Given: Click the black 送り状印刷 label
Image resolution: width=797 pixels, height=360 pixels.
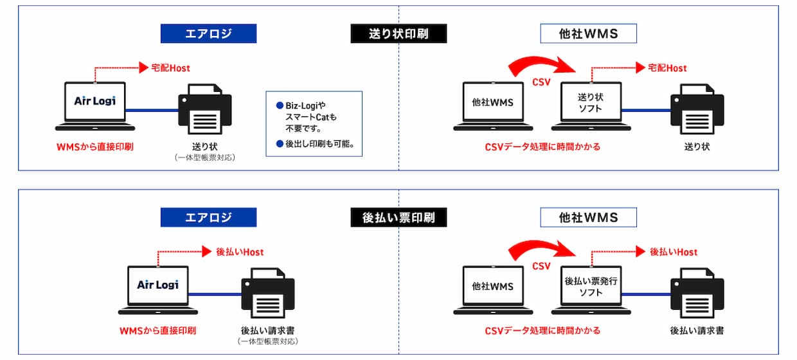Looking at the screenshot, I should [398, 33].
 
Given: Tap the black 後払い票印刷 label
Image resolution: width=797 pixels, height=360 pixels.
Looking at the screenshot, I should [398, 218].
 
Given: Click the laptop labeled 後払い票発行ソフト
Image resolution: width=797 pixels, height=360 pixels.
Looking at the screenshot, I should [590, 288].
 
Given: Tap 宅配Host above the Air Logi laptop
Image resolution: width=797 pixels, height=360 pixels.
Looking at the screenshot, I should [170, 67].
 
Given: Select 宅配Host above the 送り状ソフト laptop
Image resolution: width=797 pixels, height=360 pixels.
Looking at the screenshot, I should [667, 67].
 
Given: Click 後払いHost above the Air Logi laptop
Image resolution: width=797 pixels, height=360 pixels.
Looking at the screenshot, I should [239, 252].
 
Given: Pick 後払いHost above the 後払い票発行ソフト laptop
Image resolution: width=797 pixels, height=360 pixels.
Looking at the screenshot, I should [673, 252].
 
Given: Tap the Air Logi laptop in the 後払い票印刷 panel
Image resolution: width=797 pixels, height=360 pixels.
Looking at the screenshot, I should [157, 287].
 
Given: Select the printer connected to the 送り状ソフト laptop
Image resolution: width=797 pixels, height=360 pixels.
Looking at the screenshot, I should [697, 111].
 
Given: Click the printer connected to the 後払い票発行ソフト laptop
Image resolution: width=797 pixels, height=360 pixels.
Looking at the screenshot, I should [697, 296].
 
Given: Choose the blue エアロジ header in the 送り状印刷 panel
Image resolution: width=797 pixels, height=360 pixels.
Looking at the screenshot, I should [208, 33].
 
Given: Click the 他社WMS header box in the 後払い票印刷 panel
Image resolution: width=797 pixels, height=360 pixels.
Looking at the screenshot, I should [588, 218].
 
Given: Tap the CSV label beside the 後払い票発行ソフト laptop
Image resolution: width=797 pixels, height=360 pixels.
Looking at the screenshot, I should [541, 266].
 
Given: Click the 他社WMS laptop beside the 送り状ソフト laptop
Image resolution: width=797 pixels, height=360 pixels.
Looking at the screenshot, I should [493, 104].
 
